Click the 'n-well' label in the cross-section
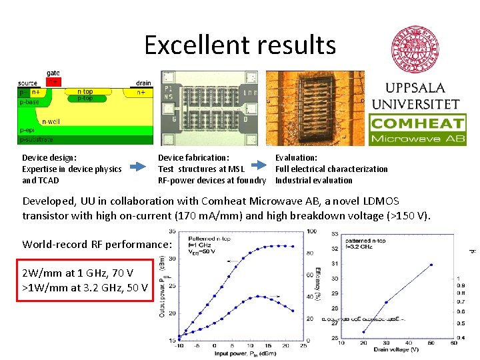50,121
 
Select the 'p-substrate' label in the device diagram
37,140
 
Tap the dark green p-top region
85,99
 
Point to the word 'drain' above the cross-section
143,83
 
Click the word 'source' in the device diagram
27,83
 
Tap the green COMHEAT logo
417,130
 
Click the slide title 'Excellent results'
239,45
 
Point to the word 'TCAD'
50,180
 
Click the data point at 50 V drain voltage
431,265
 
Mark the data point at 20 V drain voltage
363,332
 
